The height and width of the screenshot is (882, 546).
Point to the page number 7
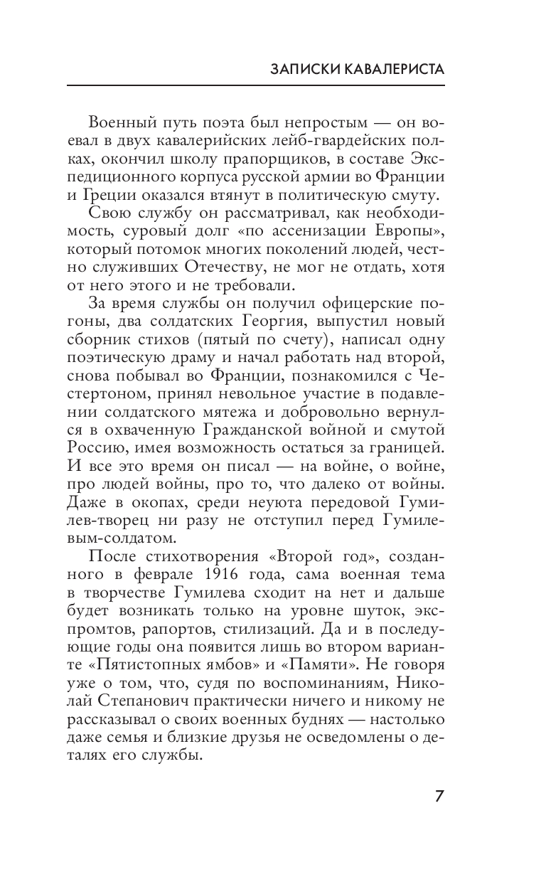point(439,795)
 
